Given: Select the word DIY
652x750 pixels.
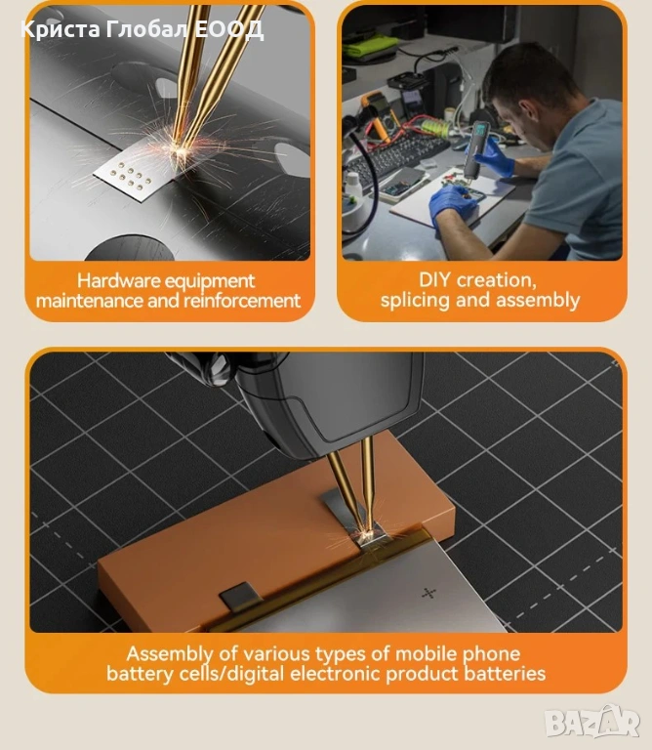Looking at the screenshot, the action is pyautogui.click(x=434, y=280).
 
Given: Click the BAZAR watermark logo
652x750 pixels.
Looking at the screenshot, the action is pyautogui.click(x=592, y=721).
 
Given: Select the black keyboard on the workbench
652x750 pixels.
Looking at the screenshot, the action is pyautogui.click(x=394, y=154).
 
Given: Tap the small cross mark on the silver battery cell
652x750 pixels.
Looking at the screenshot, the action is pyautogui.click(x=428, y=594).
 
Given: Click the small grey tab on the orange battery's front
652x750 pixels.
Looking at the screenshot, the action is pyautogui.click(x=240, y=597).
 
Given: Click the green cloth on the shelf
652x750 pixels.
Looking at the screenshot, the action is pyautogui.click(x=371, y=45).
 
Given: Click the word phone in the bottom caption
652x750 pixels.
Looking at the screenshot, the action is pyautogui.click(x=491, y=654).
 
